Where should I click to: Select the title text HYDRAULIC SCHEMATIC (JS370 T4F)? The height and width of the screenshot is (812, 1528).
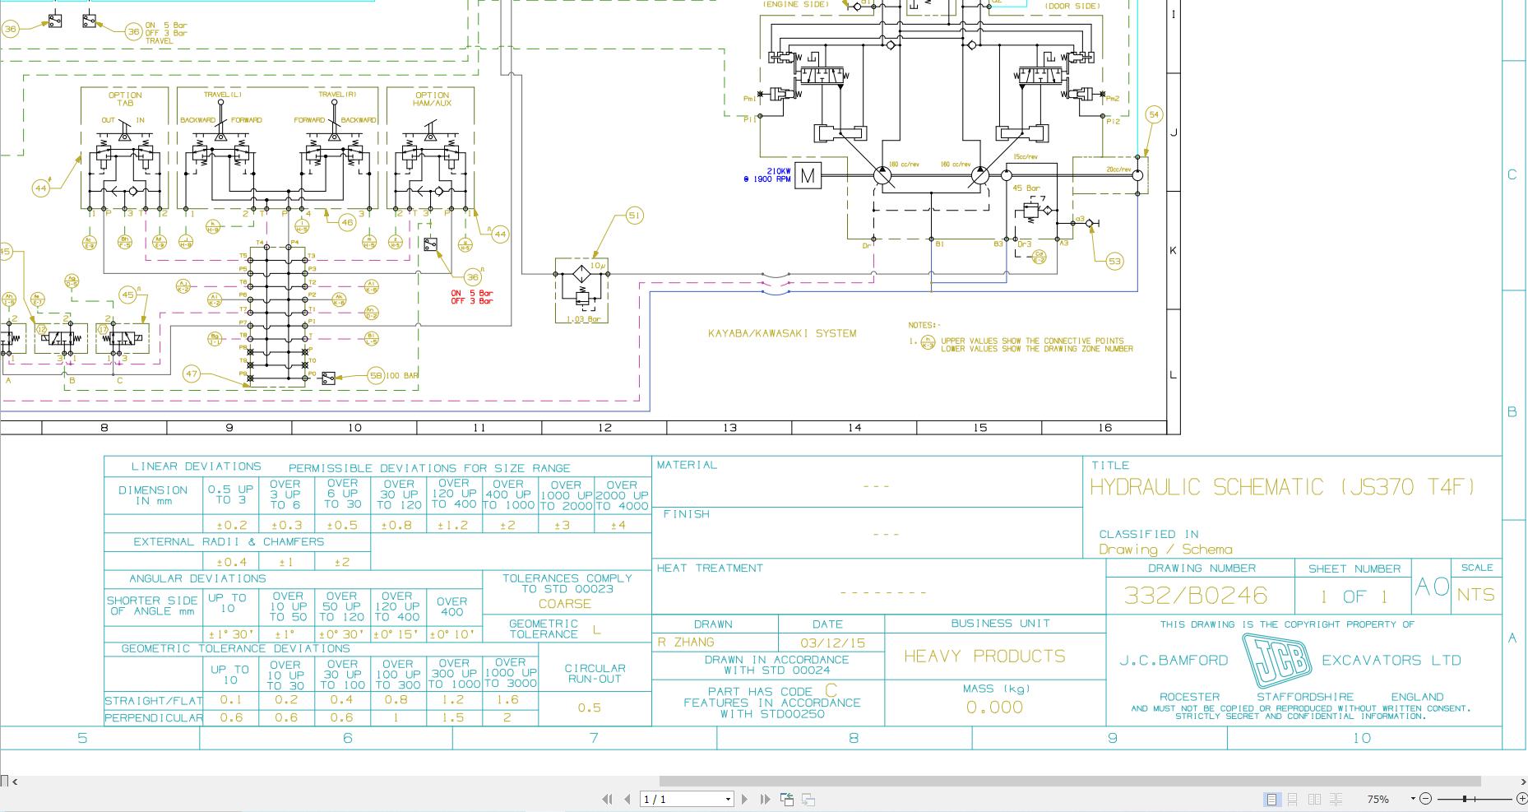pyautogui.click(x=1283, y=487)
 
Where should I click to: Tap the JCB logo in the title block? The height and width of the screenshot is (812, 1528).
pyautogui.click(x=1276, y=660)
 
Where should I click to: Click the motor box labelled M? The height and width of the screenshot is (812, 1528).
pyautogui.click(x=808, y=175)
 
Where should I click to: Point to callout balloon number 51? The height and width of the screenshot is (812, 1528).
pyautogui.click(x=634, y=216)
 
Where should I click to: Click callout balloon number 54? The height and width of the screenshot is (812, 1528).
pyautogui.click(x=1154, y=115)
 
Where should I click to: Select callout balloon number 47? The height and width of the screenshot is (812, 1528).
pyautogui.click(x=192, y=374)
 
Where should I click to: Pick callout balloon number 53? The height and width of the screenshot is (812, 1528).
pyautogui.click(x=1114, y=262)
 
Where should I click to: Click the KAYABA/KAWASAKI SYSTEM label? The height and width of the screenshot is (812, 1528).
pyautogui.click(x=782, y=333)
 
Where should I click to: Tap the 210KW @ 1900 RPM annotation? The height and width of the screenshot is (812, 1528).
pyautogui.click(x=767, y=175)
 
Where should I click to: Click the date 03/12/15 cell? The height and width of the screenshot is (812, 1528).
pyautogui.click(x=827, y=643)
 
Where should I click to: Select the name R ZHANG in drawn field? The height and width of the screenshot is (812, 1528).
pyautogui.click(x=686, y=643)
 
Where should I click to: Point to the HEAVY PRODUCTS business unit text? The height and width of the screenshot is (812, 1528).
pyautogui.click(x=984, y=657)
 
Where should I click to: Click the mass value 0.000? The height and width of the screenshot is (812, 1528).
pyautogui.click(x=994, y=708)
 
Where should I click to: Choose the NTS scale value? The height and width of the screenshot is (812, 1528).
pyautogui.click(x=1475, y=595)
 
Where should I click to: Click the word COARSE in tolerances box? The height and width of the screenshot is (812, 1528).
pyautogui.click(x=565, y=604)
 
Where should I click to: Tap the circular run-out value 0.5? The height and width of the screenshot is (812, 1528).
pyautogui.click(x=589, y=708)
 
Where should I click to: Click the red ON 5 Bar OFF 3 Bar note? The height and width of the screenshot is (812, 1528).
pyautogui.click(x=472, y=297)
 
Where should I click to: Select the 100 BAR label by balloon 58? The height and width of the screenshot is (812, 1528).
pyautogui.click(x=402, y=376)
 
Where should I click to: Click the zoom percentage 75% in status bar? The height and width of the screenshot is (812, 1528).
pyautogui.click(x=1378, y=799)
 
